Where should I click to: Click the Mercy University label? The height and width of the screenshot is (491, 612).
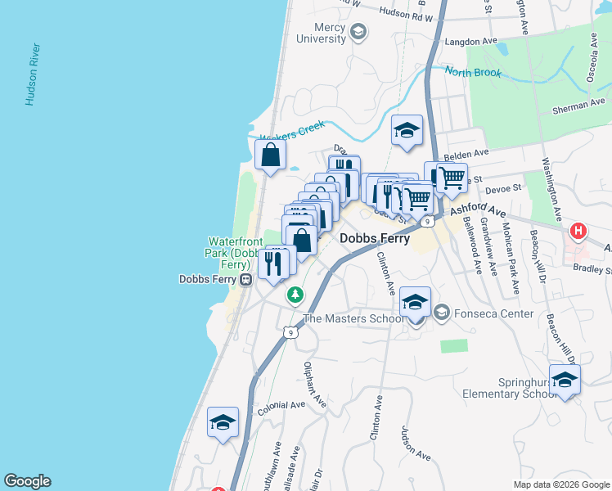322,32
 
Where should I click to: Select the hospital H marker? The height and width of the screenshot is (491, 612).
578,232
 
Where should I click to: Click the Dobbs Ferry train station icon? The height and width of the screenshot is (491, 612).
245,279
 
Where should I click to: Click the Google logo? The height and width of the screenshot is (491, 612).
27,481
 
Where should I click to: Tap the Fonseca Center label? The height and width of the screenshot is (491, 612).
494,313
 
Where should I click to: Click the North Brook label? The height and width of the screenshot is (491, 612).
473,72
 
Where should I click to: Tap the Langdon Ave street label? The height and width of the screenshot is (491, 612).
470,41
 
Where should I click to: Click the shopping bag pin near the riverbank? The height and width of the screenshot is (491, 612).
270,155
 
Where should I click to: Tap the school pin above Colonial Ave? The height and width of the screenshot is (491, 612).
223,422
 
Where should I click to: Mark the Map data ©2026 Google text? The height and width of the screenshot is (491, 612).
560,484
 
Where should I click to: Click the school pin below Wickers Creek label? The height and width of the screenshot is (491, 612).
406,130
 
